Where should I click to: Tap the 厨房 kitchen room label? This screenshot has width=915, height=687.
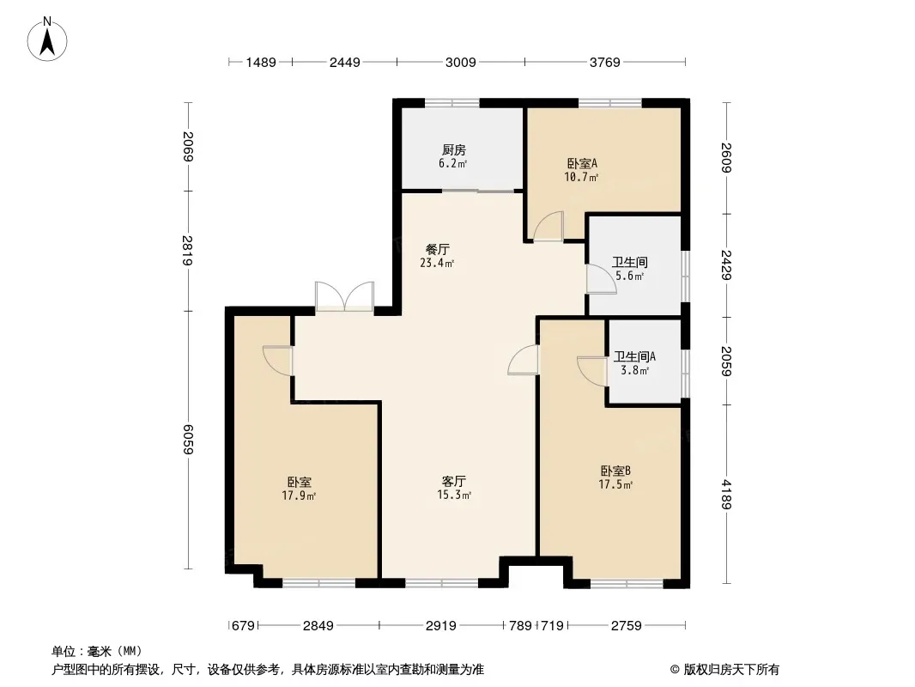click(453, 149)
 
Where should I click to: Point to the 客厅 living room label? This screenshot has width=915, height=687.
click(454, 481)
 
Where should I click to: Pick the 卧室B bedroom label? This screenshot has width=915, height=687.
click(615, 471)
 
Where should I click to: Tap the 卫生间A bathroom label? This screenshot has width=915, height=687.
click(635, 356)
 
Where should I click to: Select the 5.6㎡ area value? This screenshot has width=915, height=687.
click(629, 276)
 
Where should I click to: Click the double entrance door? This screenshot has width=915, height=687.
click(344, 297)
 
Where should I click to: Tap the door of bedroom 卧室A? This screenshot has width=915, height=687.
click(547, 228)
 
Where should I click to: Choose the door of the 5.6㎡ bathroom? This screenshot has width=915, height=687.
click(597, 279)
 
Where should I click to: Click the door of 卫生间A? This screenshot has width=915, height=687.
click(592, 368)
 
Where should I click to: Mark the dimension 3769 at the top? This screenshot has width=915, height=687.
click(604, 62)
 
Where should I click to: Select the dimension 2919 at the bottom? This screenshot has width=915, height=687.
click(440, 626)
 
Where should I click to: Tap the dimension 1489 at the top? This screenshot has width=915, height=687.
click(260, 62)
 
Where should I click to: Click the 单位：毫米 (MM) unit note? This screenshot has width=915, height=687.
click(97, 651)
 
